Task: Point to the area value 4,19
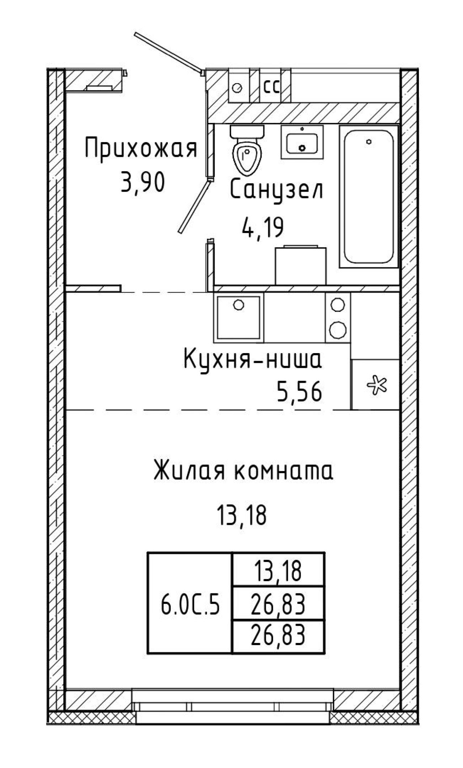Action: click(263, 228)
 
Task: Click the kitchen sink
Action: click(239, 317)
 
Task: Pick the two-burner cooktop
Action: click(338, 317)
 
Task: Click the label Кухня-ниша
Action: click(253, 360)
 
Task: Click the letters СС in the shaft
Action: click(271, 87)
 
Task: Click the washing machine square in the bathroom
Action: click(301, 265)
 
